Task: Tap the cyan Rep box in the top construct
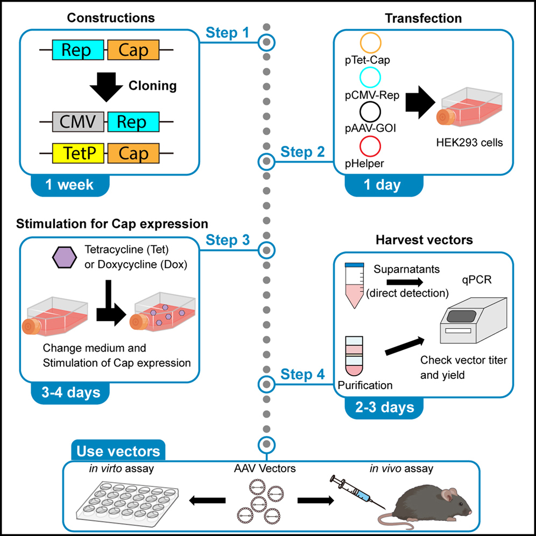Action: pyautogui.click(x=77, y=51)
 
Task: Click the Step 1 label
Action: pyautogui.click(x=228, y=33)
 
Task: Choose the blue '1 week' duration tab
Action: pyautogui.click(x=69, y=185)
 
